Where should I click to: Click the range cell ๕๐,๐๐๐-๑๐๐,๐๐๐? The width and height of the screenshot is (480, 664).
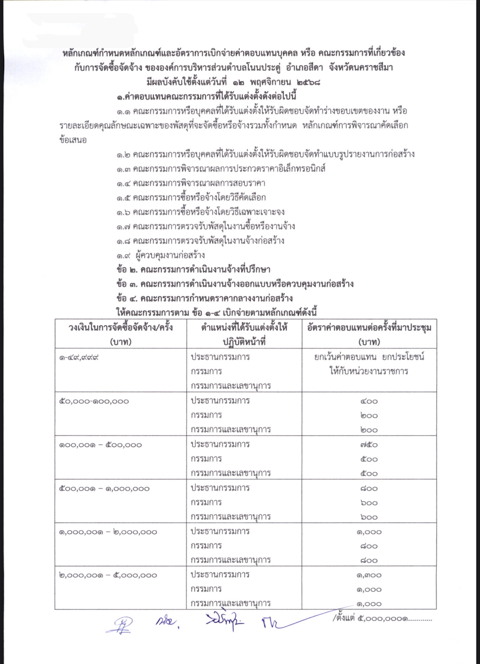pos(94,401)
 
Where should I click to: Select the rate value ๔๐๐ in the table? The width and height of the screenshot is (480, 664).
pos(369,401)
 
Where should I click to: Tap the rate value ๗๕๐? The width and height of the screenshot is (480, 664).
pos(369,445)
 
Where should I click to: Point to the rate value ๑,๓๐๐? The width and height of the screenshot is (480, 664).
pos(369,575)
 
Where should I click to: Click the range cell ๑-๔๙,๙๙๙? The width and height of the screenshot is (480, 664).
pos(81,358)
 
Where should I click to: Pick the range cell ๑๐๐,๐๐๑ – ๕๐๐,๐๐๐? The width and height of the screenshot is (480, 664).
pos(100,445)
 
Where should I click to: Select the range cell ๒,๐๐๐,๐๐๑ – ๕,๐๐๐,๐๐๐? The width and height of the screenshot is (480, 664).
pos(108,575)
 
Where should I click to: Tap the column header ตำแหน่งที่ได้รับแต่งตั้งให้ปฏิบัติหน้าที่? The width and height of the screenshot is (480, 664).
pos(244,334)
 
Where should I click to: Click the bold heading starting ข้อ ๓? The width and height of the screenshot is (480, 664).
pos(234,284)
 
